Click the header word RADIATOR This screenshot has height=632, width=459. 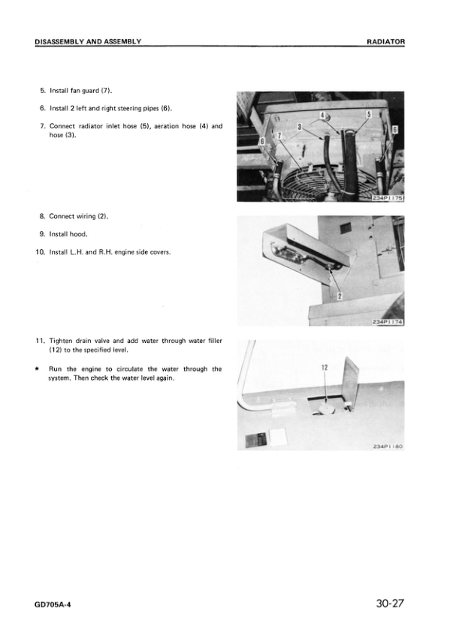click(385, 41)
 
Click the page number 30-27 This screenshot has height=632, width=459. click(388, 603)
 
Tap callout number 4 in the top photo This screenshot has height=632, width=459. click(322, 115)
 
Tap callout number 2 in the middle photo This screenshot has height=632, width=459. click(340, 296)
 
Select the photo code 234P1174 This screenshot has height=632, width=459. click(388, 322)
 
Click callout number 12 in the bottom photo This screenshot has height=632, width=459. click(325, 368)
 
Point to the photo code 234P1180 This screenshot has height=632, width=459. click(388, 446)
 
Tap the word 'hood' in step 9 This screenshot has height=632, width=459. click(78, 234)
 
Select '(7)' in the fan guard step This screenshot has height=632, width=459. click(105, 91)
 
